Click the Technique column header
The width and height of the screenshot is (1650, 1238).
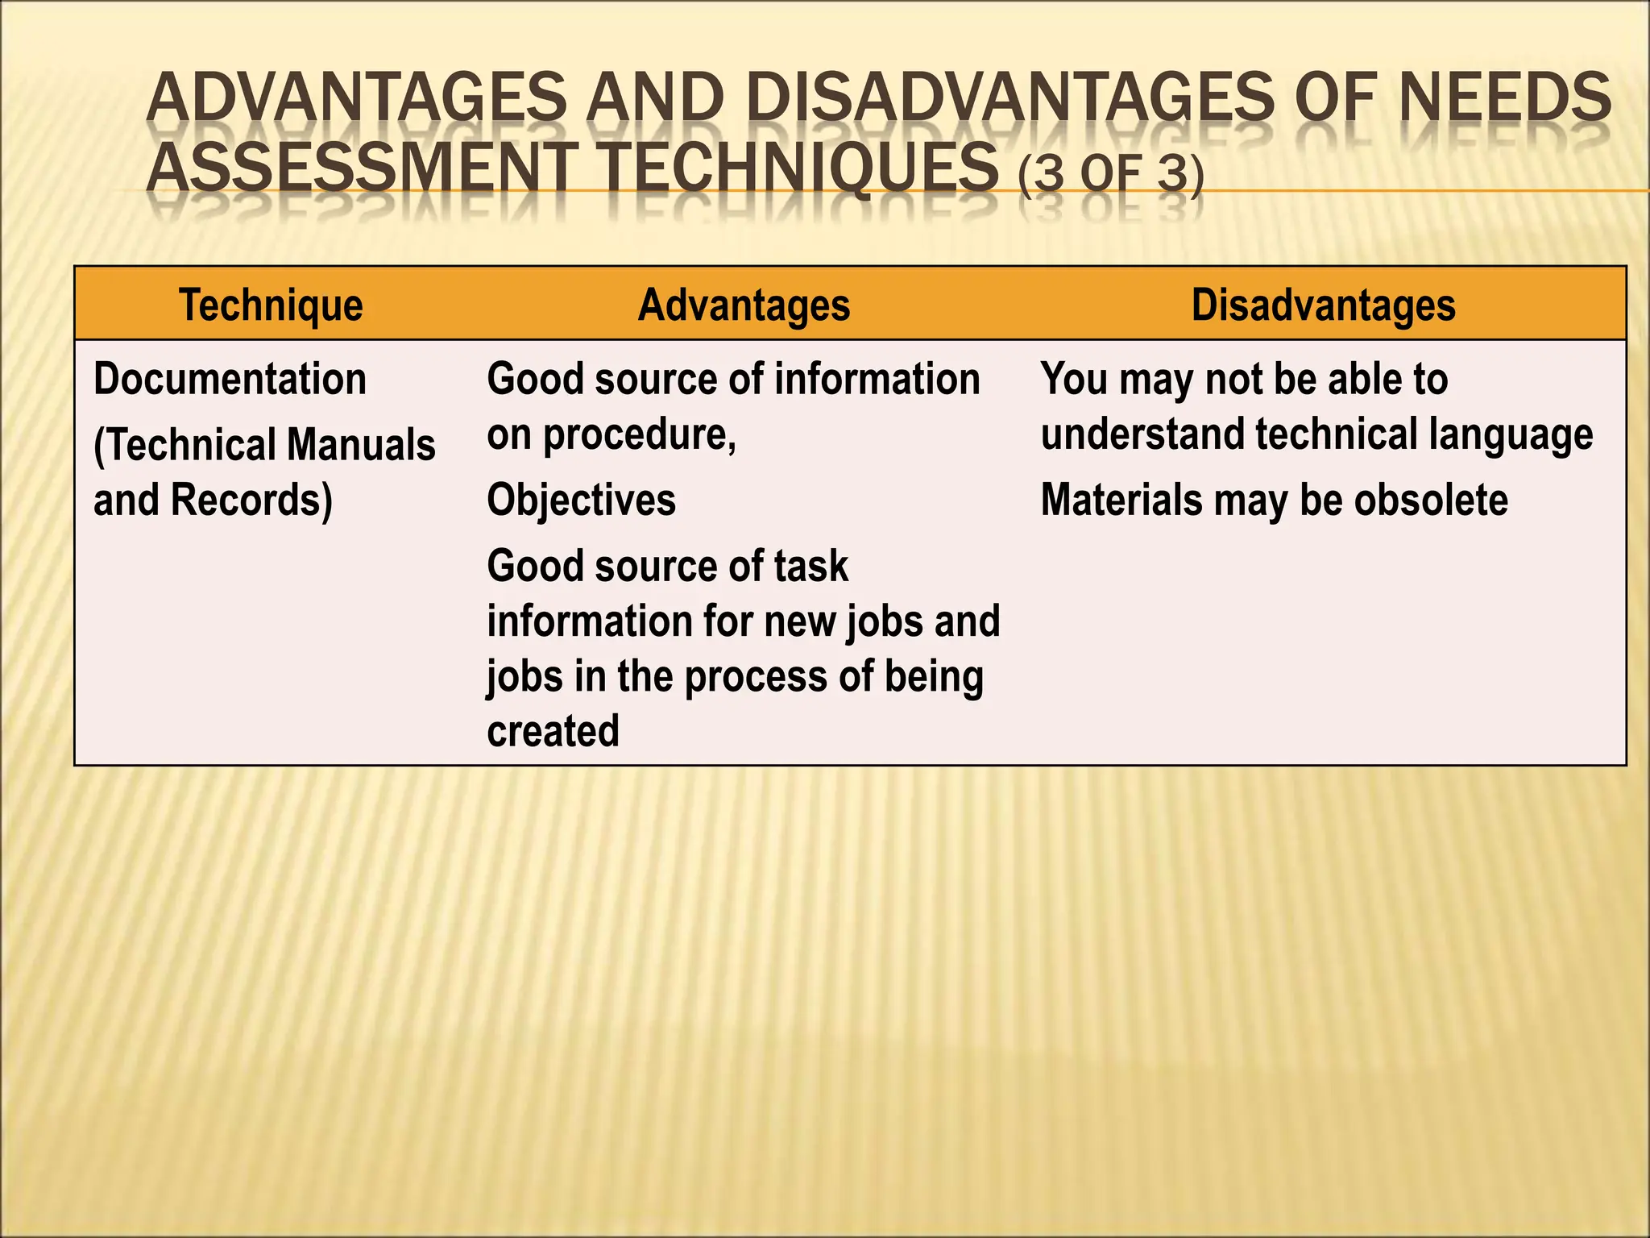[x=271, y=305]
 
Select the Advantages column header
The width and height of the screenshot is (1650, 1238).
[x=744, y=305]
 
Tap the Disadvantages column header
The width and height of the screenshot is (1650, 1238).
[x=1323, y=305]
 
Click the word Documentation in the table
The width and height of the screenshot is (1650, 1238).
[x=230, y=379]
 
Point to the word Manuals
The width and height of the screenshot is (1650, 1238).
[x=360, y=445]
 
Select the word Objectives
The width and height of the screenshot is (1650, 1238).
[x=581, y=501]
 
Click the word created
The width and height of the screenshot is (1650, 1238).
[x=553, y=731]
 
